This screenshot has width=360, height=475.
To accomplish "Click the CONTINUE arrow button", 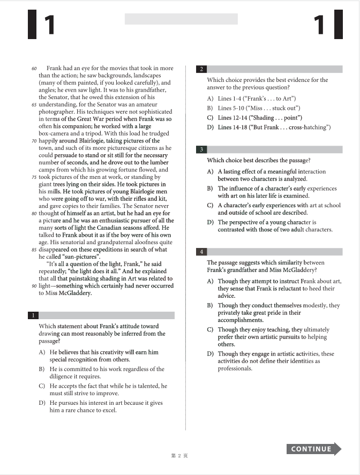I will pos(313,449).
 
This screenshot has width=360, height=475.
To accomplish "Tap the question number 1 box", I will pos(34,315).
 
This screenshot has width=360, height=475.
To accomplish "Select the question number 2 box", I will pos(201,69).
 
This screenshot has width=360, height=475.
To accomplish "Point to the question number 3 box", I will pos(201,149).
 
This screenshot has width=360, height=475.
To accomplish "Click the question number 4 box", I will pos(201,252).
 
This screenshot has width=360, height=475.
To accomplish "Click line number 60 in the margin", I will pos(34,69).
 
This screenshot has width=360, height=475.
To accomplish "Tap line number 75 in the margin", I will pos(34,177).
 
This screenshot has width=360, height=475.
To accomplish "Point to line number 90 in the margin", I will pos(34,285).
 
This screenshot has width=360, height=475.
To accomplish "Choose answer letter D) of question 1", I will pos(42,403).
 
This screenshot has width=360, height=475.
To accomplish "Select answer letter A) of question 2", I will pos(210,99).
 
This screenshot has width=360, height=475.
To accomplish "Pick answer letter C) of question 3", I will pos(210,205).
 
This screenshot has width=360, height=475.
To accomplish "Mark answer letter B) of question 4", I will pos(210,305).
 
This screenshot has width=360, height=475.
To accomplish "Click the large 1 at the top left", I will pos(48,25).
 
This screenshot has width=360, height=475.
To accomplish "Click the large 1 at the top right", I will pos(319,25).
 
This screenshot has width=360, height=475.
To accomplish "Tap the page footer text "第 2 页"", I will pos(179,456).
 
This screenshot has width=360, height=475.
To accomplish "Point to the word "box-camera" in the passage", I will pos(57,133).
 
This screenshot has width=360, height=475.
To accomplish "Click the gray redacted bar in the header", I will pos(181,19).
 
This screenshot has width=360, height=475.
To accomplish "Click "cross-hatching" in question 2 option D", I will pos(311,127).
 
